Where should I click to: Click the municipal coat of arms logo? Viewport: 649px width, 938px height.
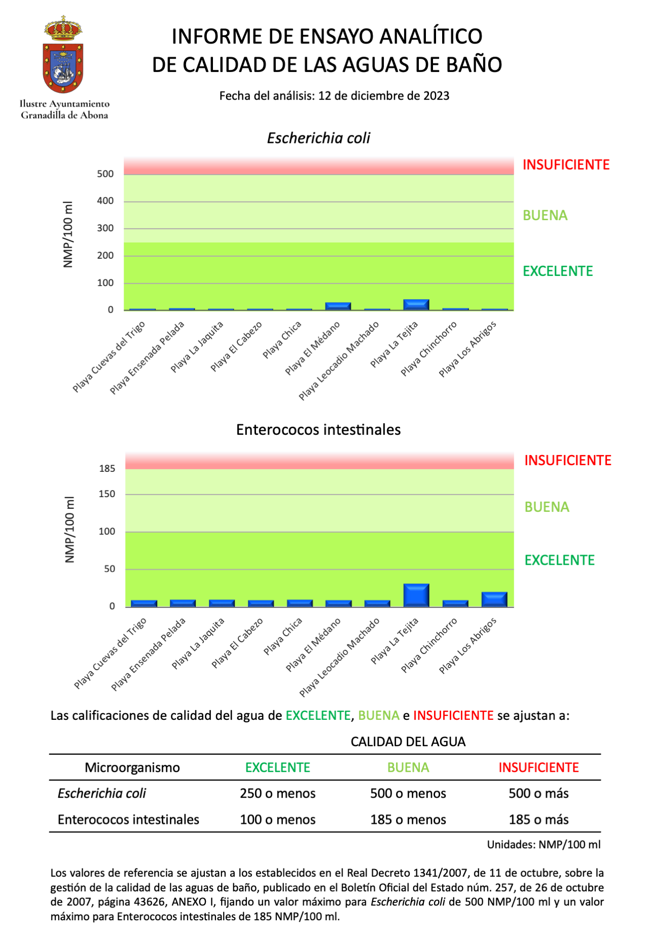63,55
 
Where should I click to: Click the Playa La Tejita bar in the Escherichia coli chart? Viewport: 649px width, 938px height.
416,304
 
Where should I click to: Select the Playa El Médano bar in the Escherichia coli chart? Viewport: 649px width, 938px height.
338,306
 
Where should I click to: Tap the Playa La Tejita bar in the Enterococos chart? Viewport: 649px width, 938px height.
416,595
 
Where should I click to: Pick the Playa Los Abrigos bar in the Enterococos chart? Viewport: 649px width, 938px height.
494,599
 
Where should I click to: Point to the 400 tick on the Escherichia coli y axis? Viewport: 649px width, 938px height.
105,201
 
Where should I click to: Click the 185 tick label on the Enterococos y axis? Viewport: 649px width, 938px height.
107,469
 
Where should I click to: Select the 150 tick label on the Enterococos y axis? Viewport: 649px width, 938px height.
107,494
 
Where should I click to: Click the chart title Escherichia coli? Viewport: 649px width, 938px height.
318,138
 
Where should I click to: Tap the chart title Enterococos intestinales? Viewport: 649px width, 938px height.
318,430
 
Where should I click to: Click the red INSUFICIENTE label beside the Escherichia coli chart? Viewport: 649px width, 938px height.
566,165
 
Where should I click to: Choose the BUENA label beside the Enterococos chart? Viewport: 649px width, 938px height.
547,507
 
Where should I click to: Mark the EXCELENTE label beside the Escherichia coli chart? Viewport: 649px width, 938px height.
558,271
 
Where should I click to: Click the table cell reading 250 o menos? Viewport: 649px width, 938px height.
277,793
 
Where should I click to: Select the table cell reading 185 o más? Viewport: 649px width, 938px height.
538,820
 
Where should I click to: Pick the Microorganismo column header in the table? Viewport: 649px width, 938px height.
132,768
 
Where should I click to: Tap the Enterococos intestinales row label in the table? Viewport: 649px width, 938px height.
128,820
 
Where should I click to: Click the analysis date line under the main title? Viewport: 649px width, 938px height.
334,96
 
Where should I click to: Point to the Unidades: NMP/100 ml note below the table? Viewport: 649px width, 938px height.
544,845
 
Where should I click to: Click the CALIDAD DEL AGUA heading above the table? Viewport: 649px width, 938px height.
408,742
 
